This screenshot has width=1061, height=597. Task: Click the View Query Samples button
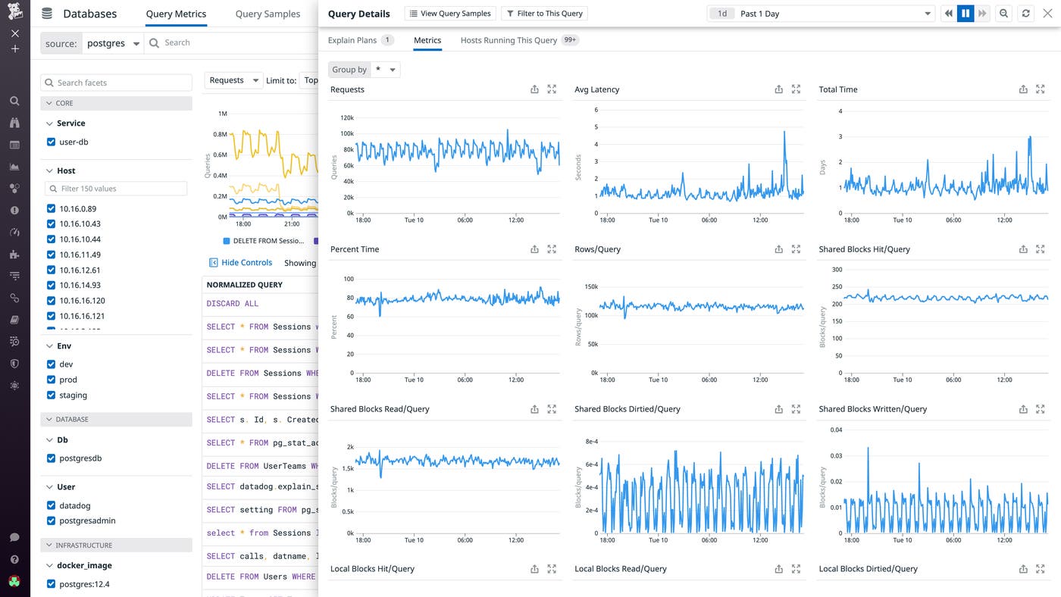[x=451, y=14]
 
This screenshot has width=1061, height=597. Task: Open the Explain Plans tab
[x=352, y=40]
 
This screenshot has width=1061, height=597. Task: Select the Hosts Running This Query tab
[x=509, y=40]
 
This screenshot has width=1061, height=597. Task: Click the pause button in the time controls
[x=966, y=14]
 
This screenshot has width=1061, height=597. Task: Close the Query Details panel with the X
[x=1047, y=14]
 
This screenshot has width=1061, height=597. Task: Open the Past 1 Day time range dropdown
[x=820, y=14]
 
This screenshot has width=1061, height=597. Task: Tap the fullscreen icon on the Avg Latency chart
[x=796, y=89]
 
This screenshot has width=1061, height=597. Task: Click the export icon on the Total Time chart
[x=1023, y=89]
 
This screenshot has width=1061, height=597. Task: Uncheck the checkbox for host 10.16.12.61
[x=52, y=270]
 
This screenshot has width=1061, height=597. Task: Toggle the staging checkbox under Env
[x=52, y=395]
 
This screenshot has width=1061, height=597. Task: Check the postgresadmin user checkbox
[x=52, y=521]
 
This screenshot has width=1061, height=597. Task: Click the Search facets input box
[x=116, y=83]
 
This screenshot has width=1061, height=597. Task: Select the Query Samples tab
[x=268, y=14]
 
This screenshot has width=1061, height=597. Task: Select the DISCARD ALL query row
[x=233, y=304]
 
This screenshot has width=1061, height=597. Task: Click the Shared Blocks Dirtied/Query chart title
[x=628, y=409]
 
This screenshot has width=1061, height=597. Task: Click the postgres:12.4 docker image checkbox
[x=52, y=584]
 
